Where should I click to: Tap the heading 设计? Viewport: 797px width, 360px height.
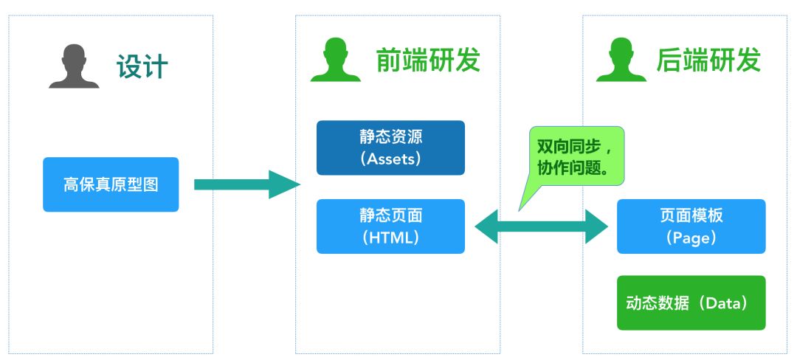[x=142, y=67]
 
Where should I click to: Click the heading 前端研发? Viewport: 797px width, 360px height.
[x=428, y=60]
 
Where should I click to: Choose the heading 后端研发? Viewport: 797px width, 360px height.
[x=708, y=60]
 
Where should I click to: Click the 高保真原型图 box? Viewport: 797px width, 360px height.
[x=111, y=184]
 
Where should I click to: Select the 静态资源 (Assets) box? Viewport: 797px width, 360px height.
[x=390, y=148]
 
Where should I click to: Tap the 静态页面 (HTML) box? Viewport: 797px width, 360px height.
[x=390, y=226]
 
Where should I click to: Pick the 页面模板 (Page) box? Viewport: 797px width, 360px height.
[x=691, y=226]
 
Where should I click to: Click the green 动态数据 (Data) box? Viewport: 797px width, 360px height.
[x=691, y=302]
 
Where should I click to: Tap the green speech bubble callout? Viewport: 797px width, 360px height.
[x=576, y=156]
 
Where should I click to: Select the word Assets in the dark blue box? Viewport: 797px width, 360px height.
[x=391, y=159]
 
